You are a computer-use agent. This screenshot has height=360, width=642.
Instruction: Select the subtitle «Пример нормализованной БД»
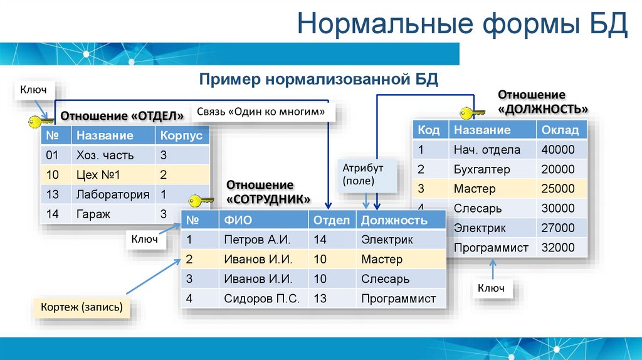click(x=318, y=80)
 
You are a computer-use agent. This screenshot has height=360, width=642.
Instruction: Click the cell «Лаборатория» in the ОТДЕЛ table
click(x=112, y=194)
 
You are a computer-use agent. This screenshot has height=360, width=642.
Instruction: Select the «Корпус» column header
click(x=181, y=135)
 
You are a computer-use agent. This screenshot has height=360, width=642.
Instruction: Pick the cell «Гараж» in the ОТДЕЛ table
click(x=93, y=214)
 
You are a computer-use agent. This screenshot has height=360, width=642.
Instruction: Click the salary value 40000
click(x=558, y=150)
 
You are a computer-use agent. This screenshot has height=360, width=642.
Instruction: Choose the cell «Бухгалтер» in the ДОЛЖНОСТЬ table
click(x=481, y=169)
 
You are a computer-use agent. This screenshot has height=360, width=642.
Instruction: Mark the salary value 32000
click(x=558, y=247)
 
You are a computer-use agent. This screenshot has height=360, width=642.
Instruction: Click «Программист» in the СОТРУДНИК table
click(x=398, y=299)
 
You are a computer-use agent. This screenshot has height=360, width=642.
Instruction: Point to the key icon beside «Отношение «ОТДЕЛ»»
click(x=41, y=121)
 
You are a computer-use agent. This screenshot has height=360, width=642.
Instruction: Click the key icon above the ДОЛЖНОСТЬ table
click(x=471, y=113)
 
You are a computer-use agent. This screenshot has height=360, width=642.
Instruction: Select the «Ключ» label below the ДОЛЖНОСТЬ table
click(x=491, y=289)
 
